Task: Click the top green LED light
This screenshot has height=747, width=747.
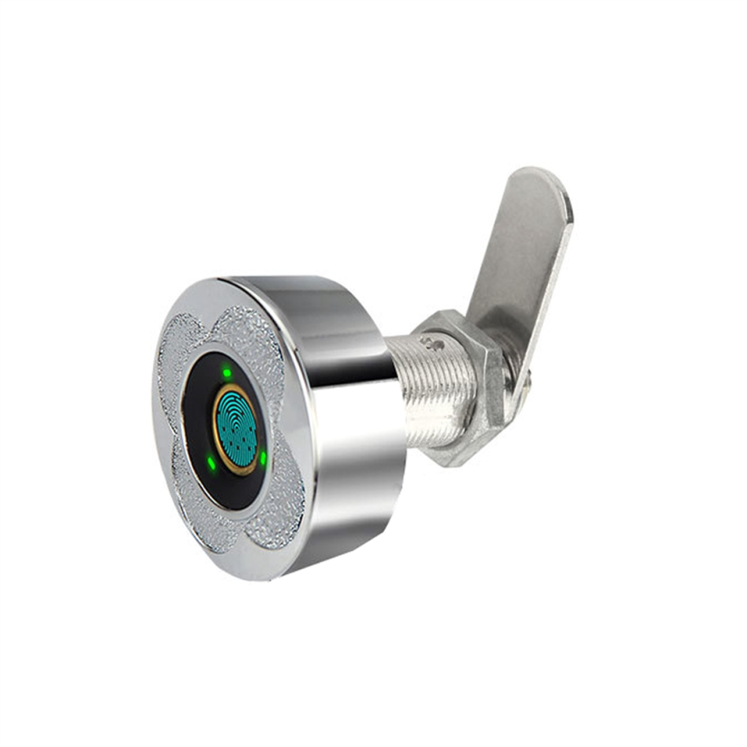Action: tap(226, 373)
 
